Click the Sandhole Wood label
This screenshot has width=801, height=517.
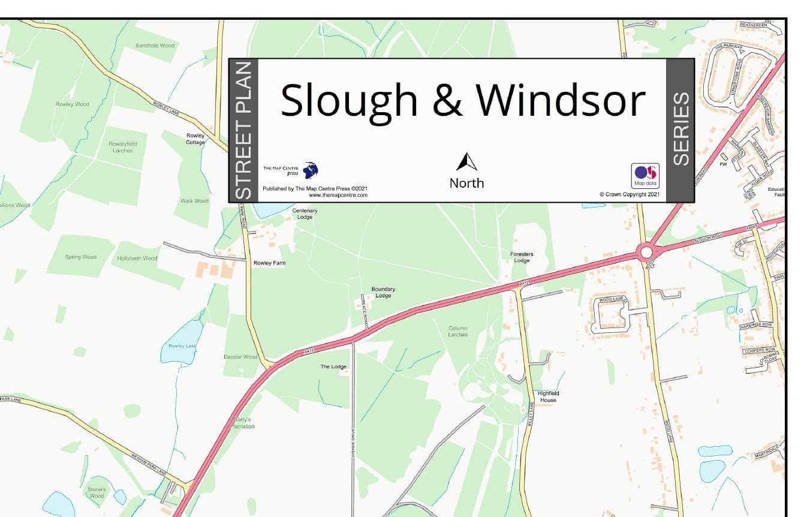click(x=155, y=46)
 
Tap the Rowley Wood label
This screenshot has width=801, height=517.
click(x=72, y=104)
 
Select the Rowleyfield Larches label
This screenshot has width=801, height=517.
click(x=122, y=147)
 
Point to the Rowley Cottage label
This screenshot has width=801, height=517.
click(x=195, y=139)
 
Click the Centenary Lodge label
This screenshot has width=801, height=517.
click(x=305, y=214)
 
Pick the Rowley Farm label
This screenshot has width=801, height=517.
click(x=269, y=263)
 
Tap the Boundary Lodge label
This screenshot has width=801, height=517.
click(x=383, y=292)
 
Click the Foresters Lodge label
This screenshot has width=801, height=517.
click(x=522, y=257)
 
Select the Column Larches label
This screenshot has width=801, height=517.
click(x=457, y=331)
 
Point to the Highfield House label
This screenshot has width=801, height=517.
click(x=548, y=396)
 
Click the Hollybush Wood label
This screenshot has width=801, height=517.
click(x=137, y=258)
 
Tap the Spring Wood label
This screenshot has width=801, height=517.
click(x=80, y=257)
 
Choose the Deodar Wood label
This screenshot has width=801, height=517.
click(x=240, y=357)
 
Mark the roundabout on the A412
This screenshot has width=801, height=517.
click(x=646, y=252)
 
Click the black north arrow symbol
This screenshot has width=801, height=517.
click(x=466, y=162)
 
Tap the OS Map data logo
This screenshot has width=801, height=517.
click(x=645, y=176)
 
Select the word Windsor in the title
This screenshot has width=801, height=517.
click(x=561, y=100)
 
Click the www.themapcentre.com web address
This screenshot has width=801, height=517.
click(x=338, y=196)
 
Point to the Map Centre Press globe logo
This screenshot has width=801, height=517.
click(x=311, y=170)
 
